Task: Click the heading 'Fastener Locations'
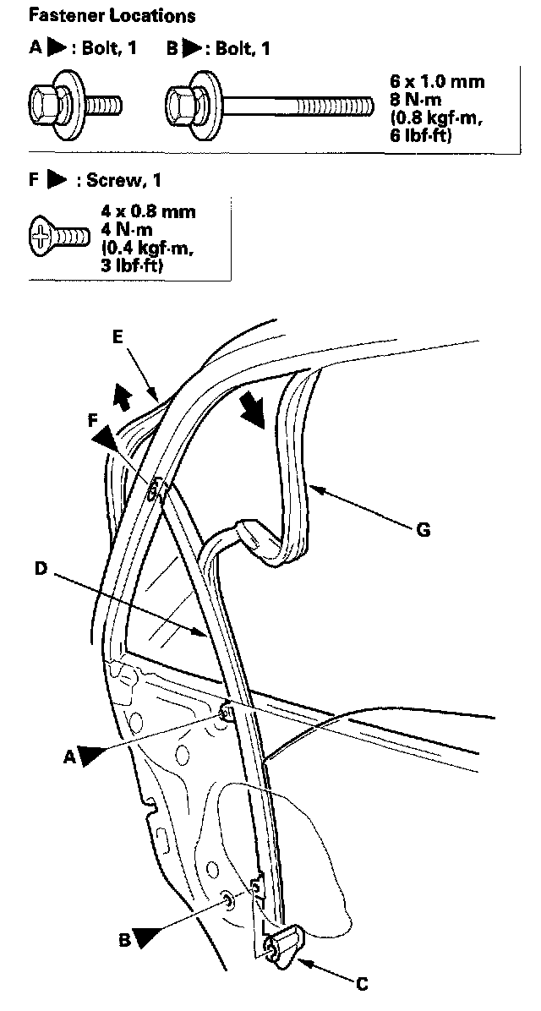click(112, 15)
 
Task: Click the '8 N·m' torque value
click(413, 100)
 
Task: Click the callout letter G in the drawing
click(424, 530)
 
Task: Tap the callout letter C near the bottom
click(361, 984)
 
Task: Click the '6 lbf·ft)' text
click(420, 135)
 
